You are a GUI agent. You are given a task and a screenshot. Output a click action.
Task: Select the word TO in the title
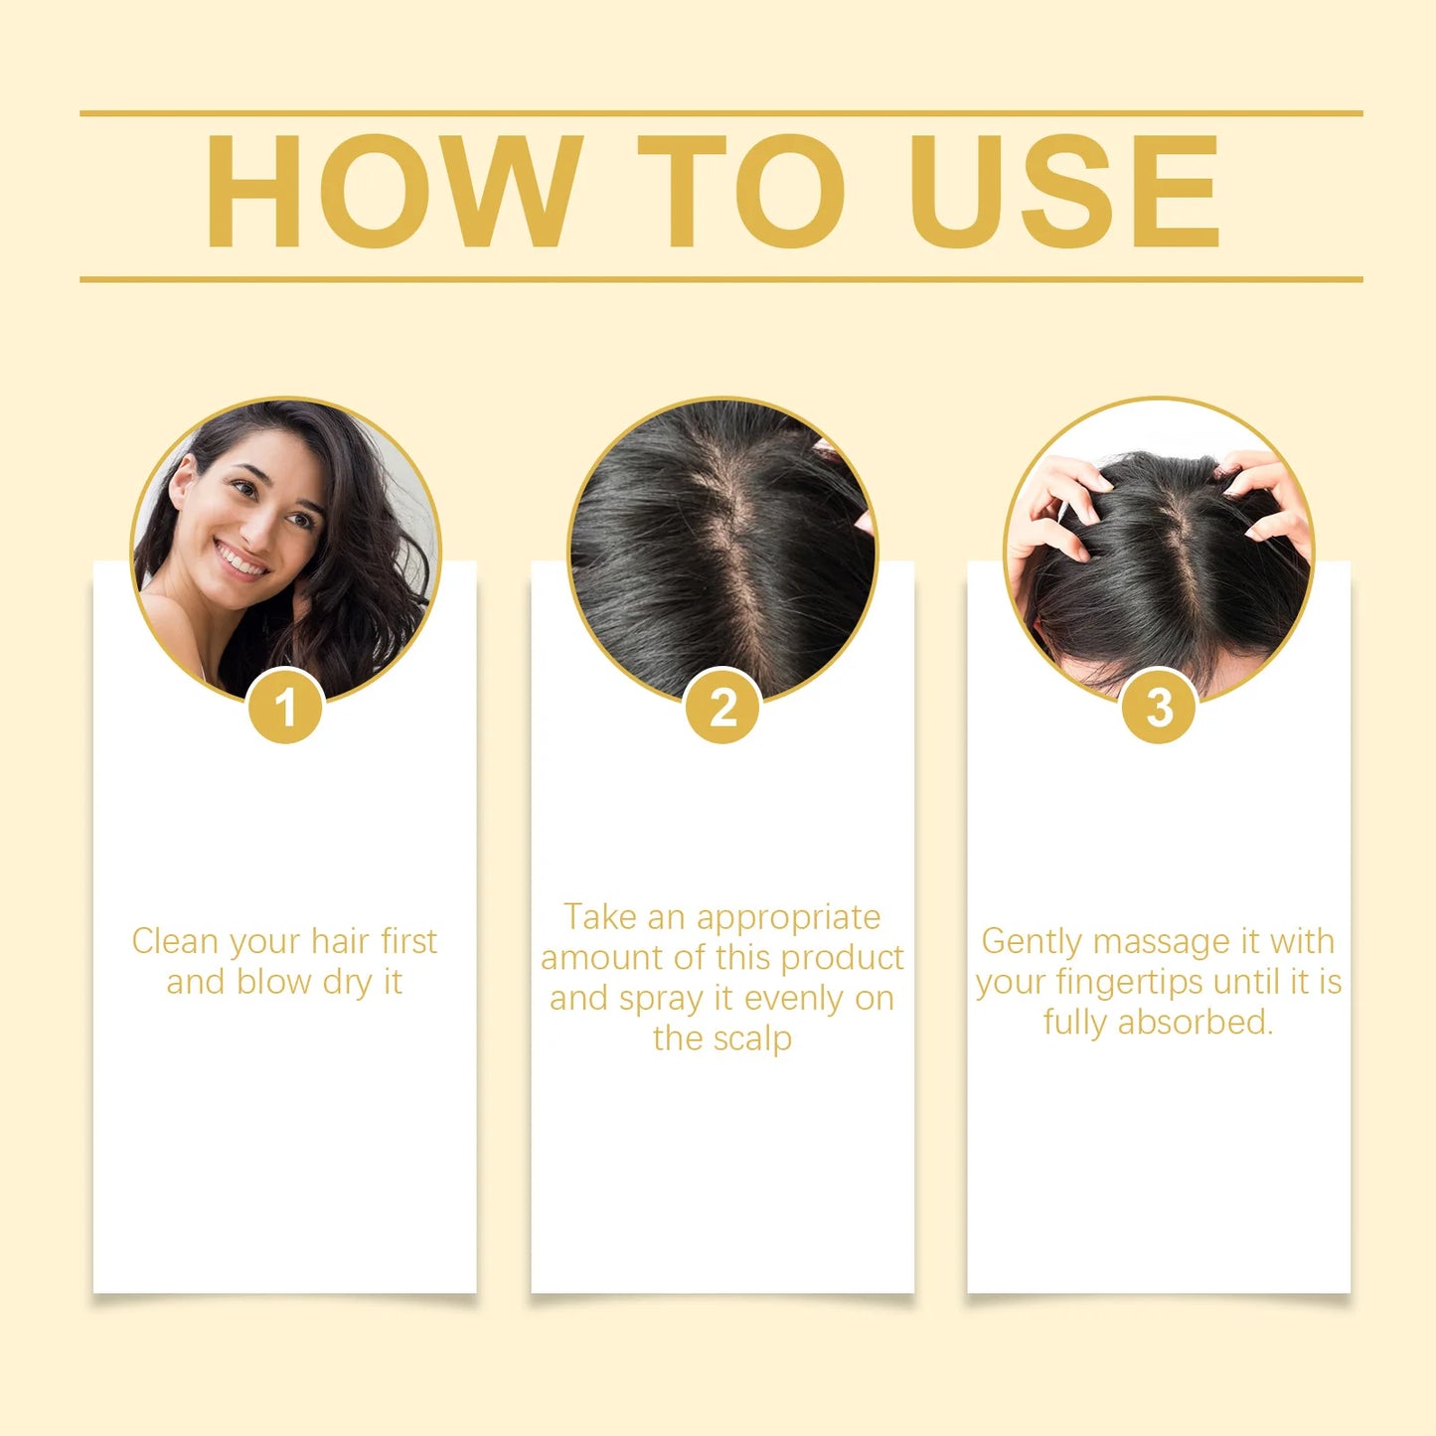point(740,192)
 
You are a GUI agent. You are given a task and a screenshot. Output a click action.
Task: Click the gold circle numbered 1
point(285,708)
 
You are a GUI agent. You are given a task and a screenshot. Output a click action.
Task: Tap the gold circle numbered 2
point(722,708)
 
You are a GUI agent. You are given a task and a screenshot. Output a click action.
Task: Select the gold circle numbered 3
point(1159,708)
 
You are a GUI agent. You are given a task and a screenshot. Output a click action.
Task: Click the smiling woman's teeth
point(241,561)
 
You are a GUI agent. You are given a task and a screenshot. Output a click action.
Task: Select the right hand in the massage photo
point(1267,497)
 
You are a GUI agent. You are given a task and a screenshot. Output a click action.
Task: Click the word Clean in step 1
point(174,941)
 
